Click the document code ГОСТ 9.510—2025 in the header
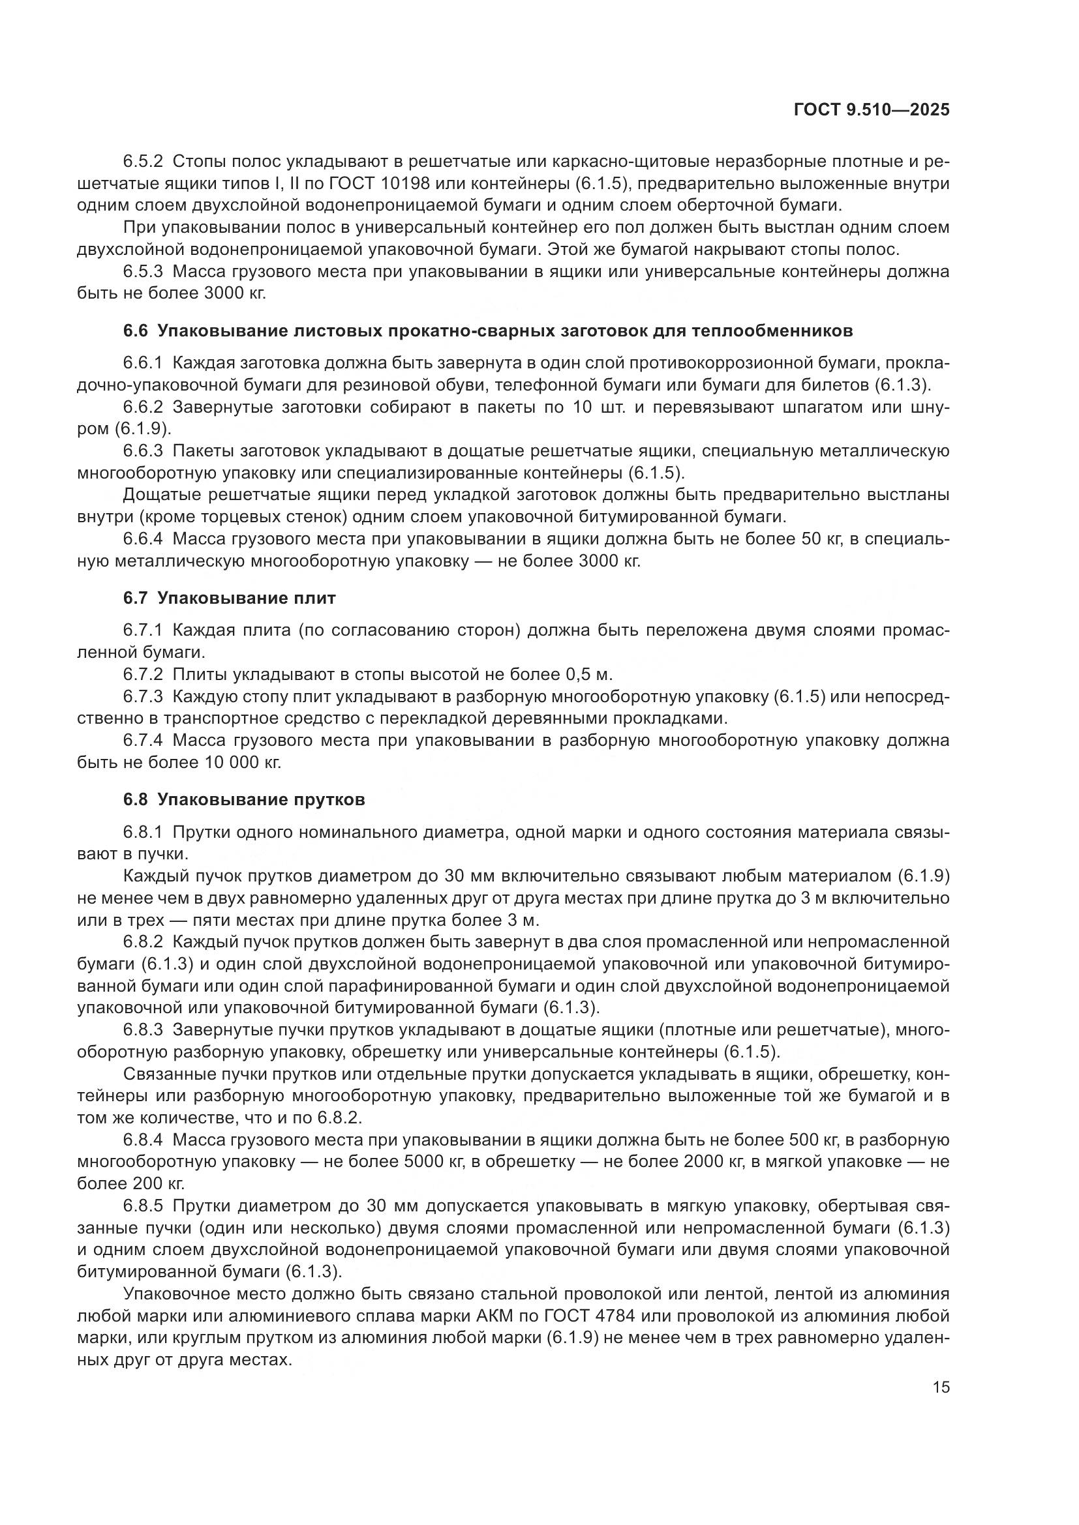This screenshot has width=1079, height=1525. pos(872,110)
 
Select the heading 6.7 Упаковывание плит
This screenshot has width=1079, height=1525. pos(229,598)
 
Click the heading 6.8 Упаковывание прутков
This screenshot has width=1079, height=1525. pos(244,800)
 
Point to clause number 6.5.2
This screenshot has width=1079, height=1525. pos(143,162)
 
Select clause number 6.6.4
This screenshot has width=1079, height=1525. pos(143,539)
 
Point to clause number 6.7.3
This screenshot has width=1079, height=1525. pos(143,697)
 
